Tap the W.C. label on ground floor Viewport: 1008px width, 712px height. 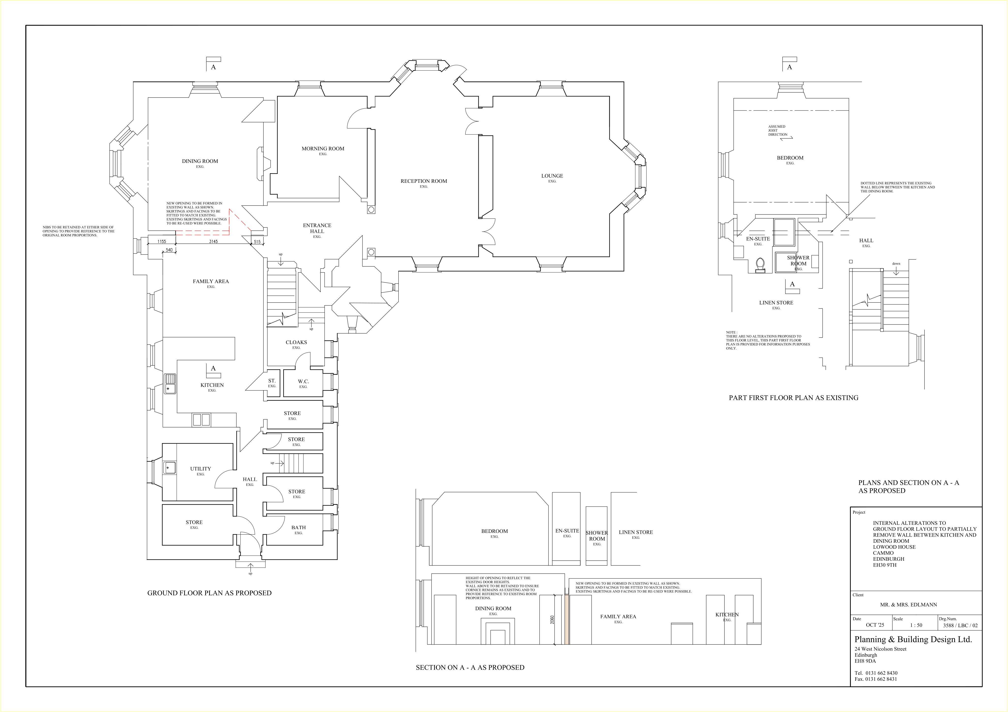303,381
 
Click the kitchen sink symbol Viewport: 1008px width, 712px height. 170,384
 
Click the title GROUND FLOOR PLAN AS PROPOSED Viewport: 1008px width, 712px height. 209,593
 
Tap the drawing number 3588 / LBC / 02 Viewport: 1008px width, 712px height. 960,626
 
